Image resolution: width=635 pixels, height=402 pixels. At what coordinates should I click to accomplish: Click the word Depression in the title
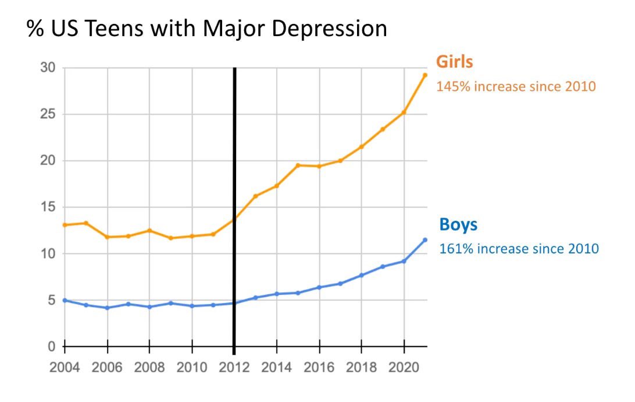(x=329, y=29)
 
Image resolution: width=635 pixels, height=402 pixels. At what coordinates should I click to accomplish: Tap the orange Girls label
(x=454, y=62)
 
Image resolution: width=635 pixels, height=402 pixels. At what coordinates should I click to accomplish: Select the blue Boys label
(x=458, y=224)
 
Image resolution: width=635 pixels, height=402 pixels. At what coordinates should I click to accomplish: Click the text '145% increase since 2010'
(x=516, y=86)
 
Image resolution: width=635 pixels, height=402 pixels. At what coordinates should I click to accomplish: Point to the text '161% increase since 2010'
(x=519, y=249)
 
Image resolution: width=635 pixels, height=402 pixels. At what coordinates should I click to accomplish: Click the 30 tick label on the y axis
(x=48, y=68)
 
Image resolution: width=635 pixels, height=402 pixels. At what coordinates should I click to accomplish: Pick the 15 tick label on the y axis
(x=48, y=207)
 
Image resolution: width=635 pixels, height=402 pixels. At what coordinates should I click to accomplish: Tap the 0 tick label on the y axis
(x=51, y=347)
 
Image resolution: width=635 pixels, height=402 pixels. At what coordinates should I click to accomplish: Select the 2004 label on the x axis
(x=65, y=368)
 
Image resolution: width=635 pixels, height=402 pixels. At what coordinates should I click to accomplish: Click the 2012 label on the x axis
(x=234, y=368)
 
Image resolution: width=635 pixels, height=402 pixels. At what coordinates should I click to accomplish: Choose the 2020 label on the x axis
(x=404, y=368)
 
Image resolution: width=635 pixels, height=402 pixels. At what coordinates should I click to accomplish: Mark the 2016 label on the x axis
(x=319, y=368)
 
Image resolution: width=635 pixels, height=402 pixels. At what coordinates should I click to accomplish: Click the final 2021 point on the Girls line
(x=425, y=75)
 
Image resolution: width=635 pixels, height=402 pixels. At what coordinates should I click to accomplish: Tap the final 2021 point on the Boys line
(x=425, y=240)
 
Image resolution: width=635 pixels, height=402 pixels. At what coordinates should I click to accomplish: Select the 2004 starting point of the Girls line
(x=65, y=225)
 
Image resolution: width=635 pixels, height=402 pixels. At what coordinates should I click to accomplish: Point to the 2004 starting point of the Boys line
(x=65, y=300)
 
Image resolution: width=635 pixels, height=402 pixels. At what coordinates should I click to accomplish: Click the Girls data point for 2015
(x=298, y=165)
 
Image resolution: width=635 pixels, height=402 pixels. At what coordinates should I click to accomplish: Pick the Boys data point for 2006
(x=108, y=308)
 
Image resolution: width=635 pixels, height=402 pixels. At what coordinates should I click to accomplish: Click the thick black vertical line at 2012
(x=234, y=211)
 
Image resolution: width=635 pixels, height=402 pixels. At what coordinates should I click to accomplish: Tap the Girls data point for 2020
(x=404, y=112)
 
